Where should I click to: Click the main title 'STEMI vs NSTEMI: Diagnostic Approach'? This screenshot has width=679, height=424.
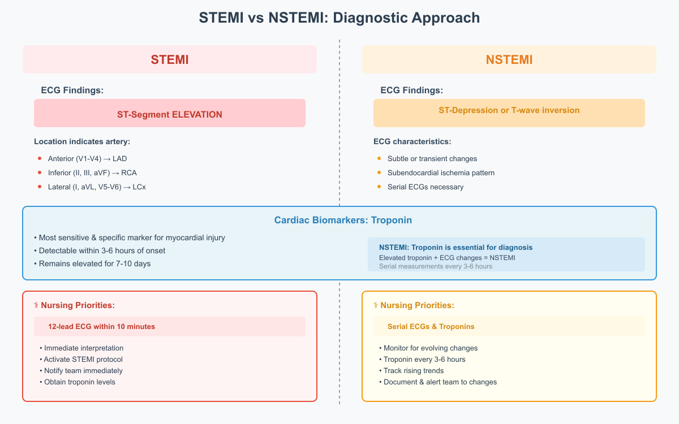tap(339, 18)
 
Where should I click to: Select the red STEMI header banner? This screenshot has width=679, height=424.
tap(169, 59)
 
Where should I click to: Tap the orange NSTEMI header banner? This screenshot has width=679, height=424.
tap(509, 59)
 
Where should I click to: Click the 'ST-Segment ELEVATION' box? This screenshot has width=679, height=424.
tap(169, 114)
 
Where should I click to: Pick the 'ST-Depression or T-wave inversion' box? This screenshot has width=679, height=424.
tap(509, 111)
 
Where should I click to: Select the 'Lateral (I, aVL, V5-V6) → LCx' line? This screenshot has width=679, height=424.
tap(97, 187)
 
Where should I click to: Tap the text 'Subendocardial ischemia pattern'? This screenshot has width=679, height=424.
tap(441, 172)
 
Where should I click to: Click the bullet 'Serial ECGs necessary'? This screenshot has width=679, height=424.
tap(425, 187)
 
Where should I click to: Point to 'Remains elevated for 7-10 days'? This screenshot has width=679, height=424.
tap(94, 263)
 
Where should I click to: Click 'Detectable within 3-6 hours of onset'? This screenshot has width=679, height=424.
tap(102, 250)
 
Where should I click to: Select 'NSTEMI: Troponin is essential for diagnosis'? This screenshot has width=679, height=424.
tap(455, 248)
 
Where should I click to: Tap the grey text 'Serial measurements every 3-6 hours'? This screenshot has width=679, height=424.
tap(435, 266)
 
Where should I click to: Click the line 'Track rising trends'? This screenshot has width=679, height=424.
tap(414, 371)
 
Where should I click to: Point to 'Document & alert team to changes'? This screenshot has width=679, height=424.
tap(440, 382)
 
